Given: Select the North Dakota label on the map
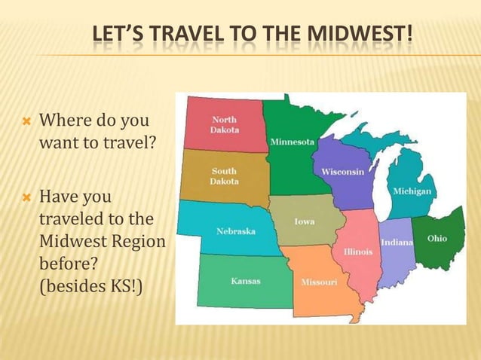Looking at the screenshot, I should tap(225, 124).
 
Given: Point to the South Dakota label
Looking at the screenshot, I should tap(225, 176).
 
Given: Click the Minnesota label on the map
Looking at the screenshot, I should tap(293, 142).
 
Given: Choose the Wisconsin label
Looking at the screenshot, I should tap(343, 172).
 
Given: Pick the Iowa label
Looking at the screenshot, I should tap(305, 222).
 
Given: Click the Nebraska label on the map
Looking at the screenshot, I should tap(236, 231).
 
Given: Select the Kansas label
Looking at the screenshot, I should tap(246, 281).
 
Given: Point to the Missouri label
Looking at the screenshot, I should tap(319, 282).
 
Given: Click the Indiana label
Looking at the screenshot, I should tap(397, 243).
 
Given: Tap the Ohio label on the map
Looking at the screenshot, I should tap(437, 239).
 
